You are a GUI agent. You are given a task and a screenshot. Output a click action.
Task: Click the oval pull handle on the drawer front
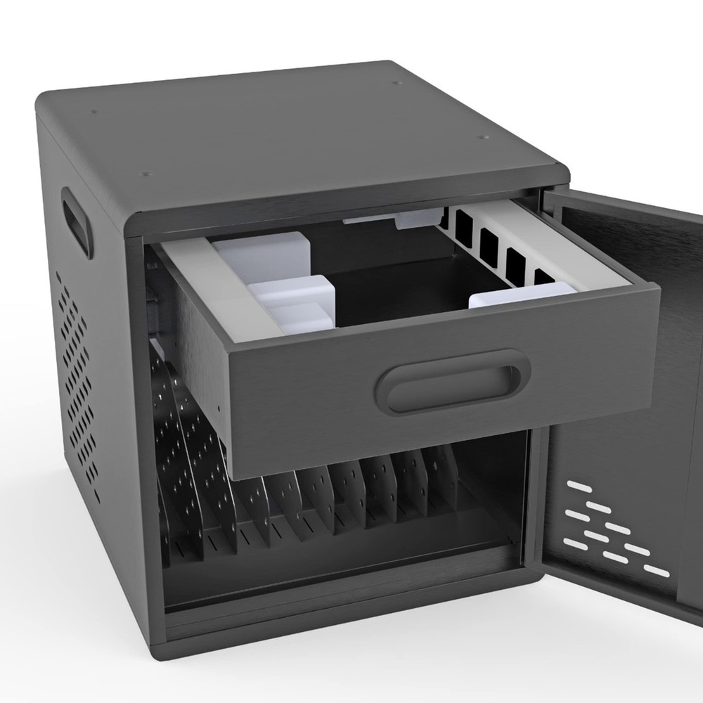[x=454, y=382]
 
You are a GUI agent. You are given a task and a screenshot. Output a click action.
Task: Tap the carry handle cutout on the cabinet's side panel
[x=77, y=222]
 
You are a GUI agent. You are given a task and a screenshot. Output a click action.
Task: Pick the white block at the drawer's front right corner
[x=520, y=295]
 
